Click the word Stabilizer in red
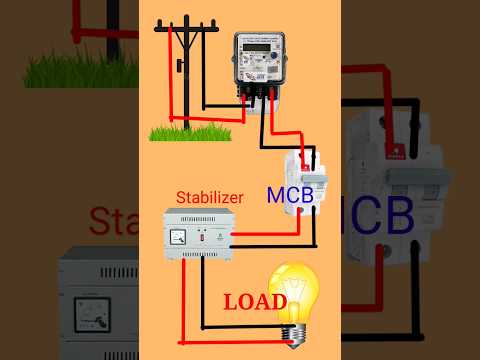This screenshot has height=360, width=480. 209,198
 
